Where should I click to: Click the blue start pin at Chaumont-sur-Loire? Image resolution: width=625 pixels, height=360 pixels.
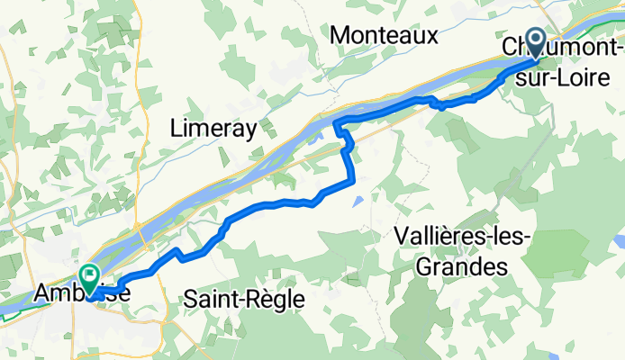coord(534,40)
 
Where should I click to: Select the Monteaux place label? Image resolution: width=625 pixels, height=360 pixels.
coord(385,36)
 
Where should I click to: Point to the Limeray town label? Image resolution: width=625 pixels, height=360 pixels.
coord(213,129)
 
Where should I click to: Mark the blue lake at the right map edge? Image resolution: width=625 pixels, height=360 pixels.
coord(620,241)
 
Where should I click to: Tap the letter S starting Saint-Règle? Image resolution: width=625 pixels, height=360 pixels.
coord(188,298)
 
